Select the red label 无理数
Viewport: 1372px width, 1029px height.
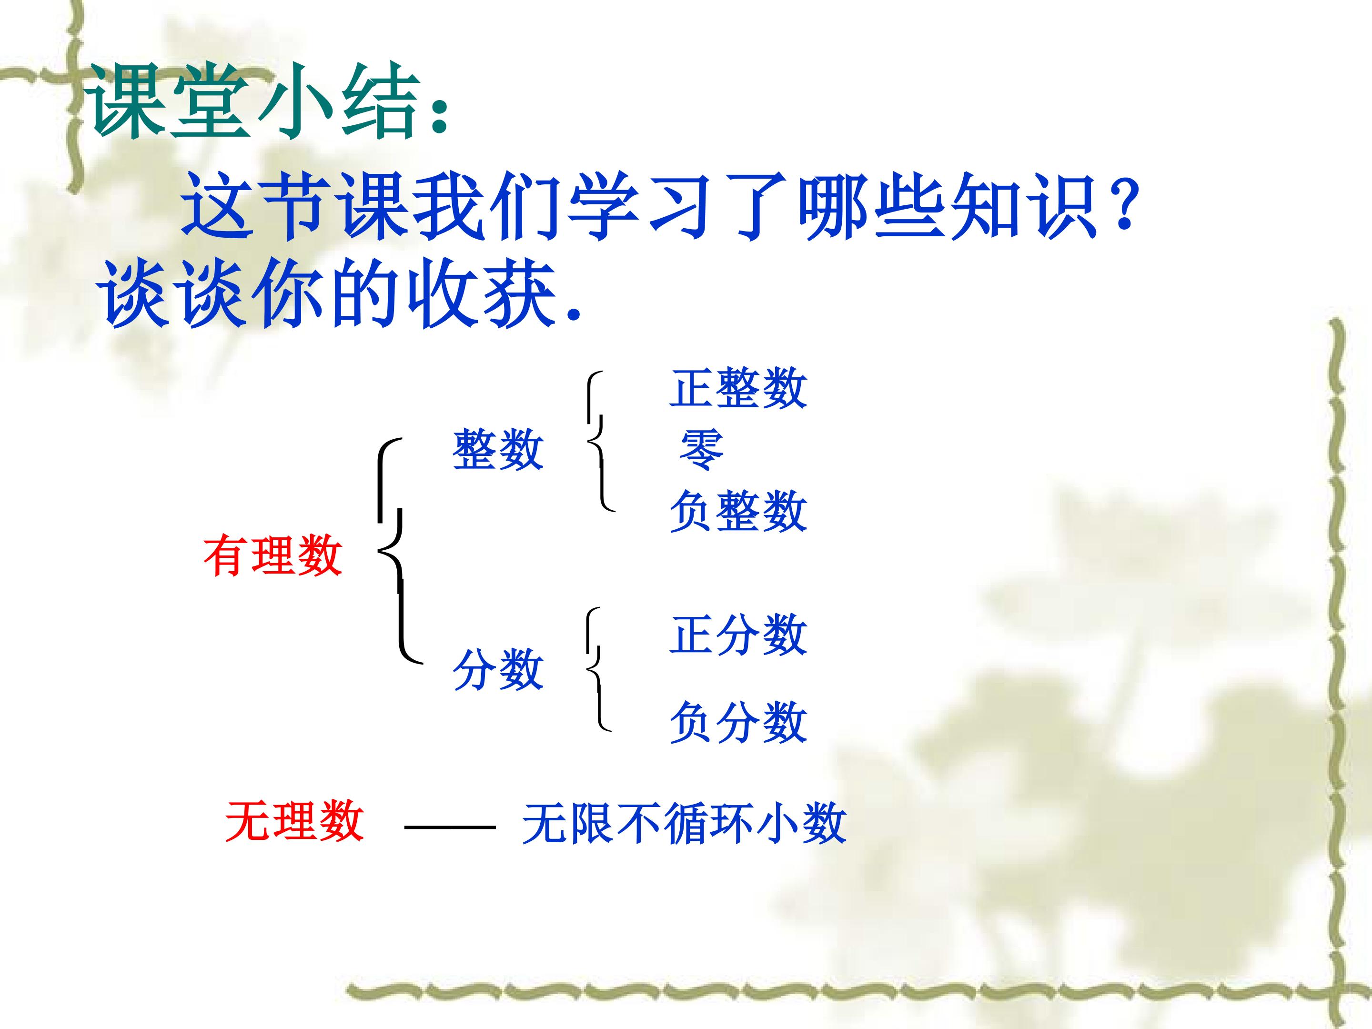coord(294,821)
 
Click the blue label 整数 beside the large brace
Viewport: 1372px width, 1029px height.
coord(498,450)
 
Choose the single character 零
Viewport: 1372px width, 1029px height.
coord(702,450)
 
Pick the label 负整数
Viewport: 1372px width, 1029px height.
coord(738,512)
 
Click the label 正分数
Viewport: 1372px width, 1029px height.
coord(738,635)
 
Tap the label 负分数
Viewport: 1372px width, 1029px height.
coord(738,723)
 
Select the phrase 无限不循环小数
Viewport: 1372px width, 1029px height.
coord(684,824)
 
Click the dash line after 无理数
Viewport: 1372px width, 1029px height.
coord(450,827)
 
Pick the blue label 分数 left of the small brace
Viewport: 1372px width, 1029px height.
coord(498,670)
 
